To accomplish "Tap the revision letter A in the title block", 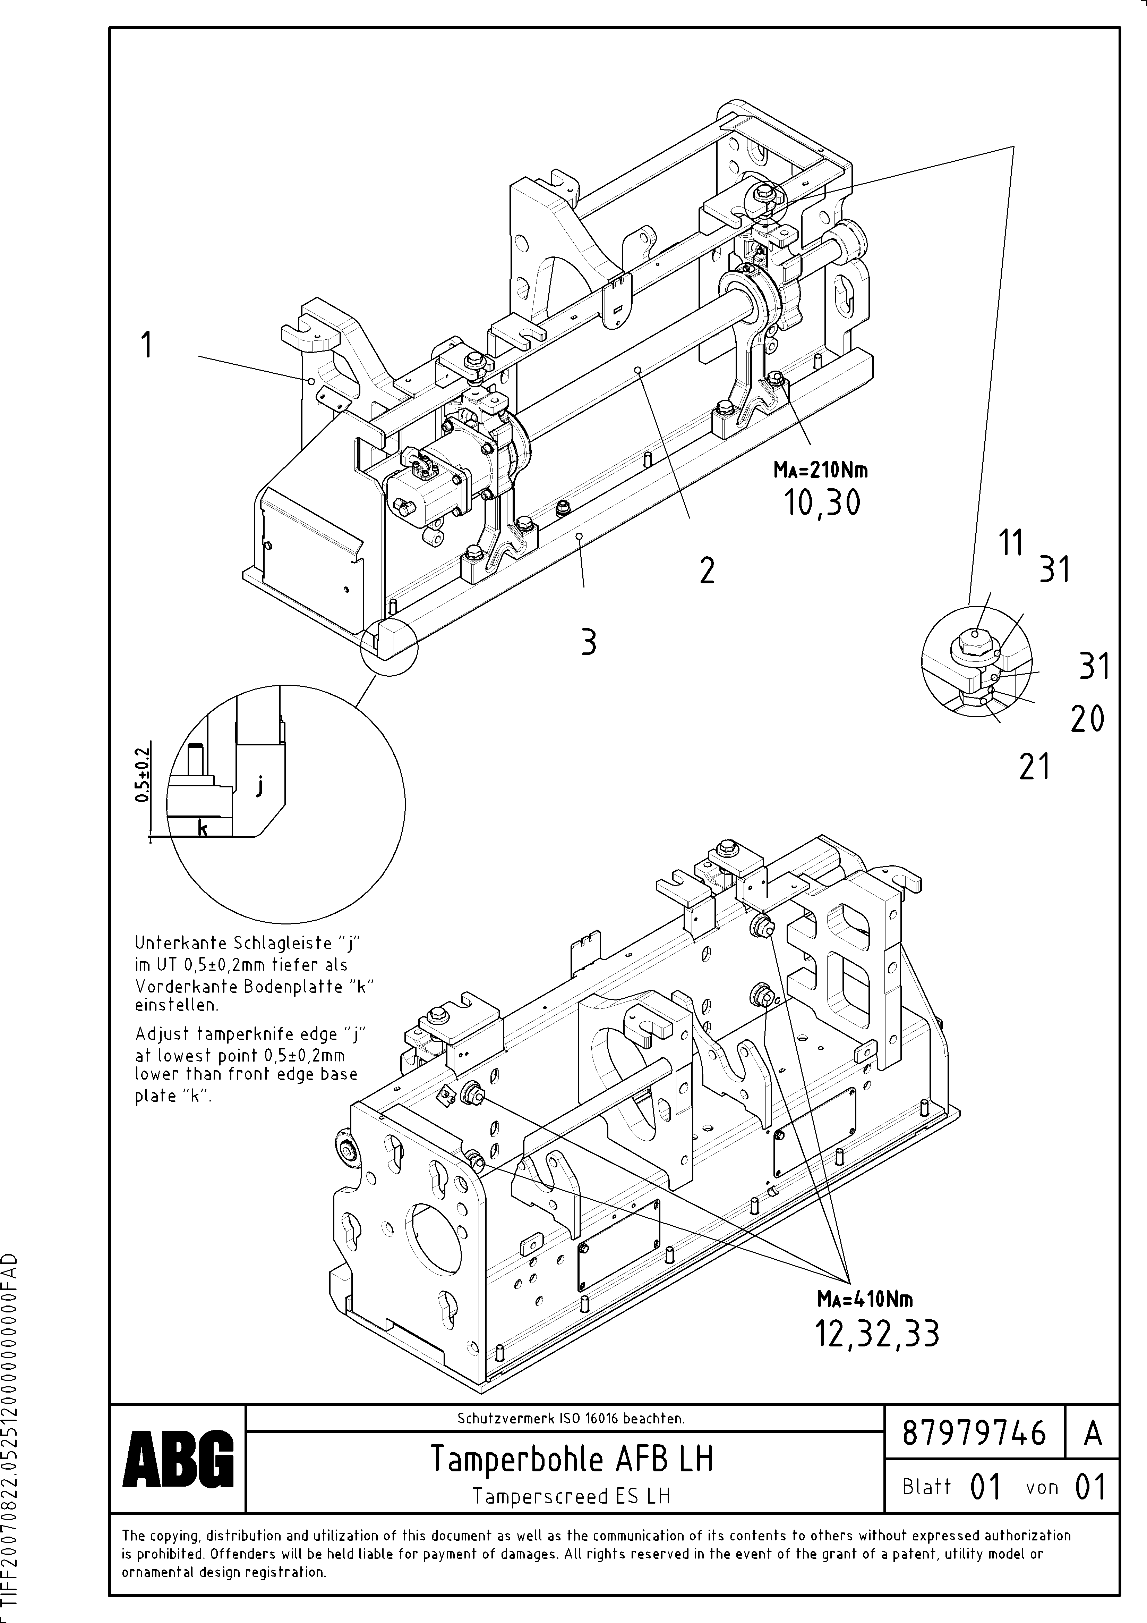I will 1093,1434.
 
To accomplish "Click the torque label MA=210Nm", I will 821,470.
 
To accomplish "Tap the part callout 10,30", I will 822,503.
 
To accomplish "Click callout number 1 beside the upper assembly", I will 146,346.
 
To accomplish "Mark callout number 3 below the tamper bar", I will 588,643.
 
